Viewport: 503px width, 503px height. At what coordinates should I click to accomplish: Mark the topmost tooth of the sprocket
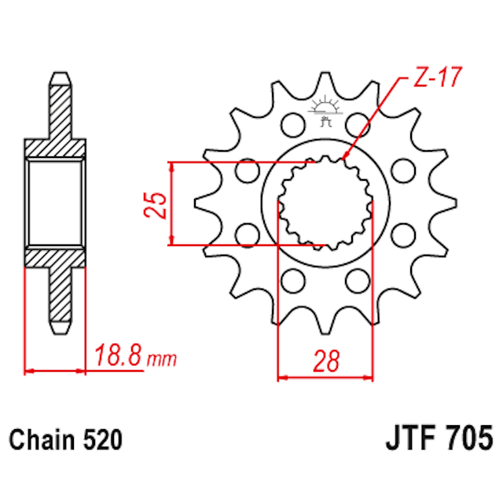325,79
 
